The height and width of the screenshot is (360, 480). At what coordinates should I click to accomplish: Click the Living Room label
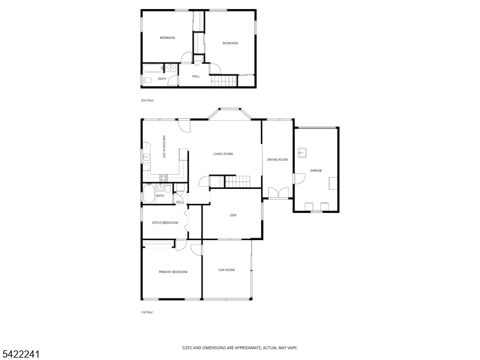pyautogui.click(x=223, y=154)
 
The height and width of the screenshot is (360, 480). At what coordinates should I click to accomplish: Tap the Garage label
pyautogui.click(x=316, y=170)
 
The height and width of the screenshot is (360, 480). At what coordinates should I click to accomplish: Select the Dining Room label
pyautogui.click(x=277, y=160)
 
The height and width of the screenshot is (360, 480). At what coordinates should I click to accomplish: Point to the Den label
pyautogui.click(x=233, y=215)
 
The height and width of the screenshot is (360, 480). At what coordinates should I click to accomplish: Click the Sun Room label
pyautogui.click(x=227, y=270)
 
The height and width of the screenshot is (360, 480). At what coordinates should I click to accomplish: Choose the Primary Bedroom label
pyautogui.click(x=173, y=272)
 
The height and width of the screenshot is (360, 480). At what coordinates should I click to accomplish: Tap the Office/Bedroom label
pyautogui.click(x=165, y=223)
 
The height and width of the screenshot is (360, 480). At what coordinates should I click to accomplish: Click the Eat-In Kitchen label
pyautogui.click(x=164, y=146)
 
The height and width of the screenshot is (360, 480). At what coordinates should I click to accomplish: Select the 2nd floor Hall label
pyautogui.click(x=196, y=76)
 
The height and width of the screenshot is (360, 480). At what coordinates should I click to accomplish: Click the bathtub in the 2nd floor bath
pyautogui.click(x=154, y=68)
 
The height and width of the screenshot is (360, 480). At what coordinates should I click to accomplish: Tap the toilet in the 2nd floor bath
pyautogui.click(x=147, y=80)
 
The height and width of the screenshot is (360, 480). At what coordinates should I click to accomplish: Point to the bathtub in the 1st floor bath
pyautogui.click(x=149, y=193)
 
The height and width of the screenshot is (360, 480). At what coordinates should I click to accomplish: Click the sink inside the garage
pyautogui.click(x=302, y=152)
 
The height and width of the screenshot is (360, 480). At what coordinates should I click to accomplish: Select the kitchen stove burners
pyautogui.click(x=163, y=178)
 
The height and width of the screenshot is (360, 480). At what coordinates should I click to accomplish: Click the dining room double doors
pyautogui.click(x=278, y=193)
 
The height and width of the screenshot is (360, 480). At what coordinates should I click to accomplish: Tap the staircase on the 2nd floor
pyautogui.click(x=224, y=81)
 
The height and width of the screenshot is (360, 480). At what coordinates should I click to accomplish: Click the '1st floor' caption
pyautogui.click(x=147, y=312)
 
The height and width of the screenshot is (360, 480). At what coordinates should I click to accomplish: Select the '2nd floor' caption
pyautogui.click(x=147, y=100)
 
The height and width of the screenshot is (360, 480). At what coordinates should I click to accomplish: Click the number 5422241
pyautogui.click(x=20, y=354)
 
